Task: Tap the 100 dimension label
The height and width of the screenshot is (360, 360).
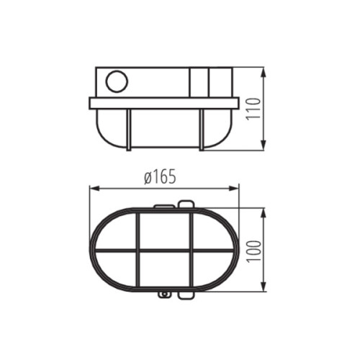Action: click(x=253, y=249)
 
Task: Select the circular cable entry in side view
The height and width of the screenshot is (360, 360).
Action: click(x=115, y=82)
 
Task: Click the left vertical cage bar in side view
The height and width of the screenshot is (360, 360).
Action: click(x=129, y=130)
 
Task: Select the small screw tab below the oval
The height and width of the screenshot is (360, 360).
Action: click(x=165, y=294)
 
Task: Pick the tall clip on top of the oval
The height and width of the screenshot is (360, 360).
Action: click(x=185, y=204)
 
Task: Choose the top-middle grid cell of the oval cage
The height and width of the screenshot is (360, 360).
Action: click(x=165, y=230)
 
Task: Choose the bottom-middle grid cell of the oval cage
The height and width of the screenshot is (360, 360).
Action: click(x=165, y=269)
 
